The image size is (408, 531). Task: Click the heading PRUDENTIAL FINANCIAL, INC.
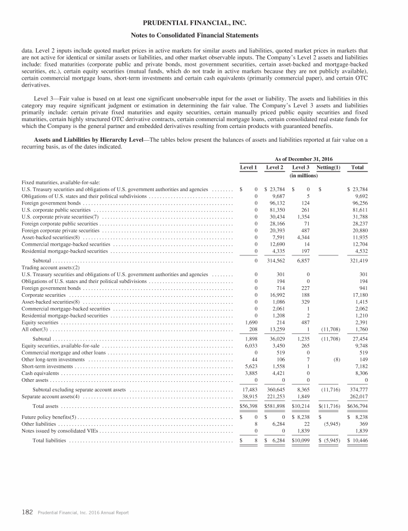[203, 23]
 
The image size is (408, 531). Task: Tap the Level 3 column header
[301, 167]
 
